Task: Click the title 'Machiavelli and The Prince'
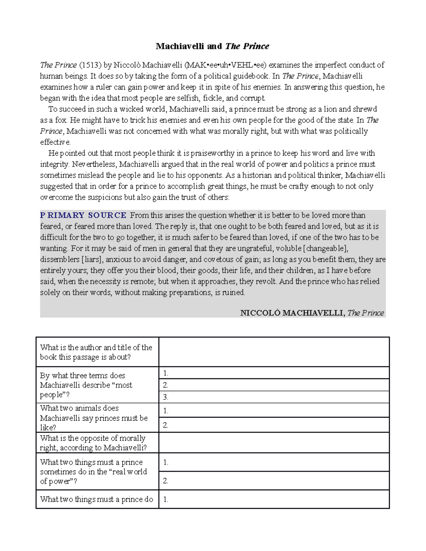[212, 46]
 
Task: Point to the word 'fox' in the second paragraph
[61, 120]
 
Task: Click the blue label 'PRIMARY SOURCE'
[83, 215]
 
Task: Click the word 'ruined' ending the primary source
[233, 292]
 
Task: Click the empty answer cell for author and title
[274, 352]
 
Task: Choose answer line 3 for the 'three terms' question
[274, 397]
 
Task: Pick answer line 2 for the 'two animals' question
[274, 425]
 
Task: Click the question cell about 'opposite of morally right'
[93, 443]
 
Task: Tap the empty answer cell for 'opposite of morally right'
[274, 443]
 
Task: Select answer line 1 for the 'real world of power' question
[274, 462]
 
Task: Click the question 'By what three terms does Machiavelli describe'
[86, 385]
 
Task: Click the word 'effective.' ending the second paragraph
[55, 142]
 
